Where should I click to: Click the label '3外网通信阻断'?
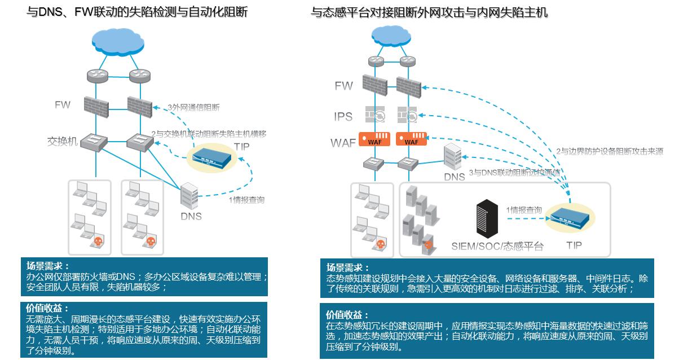193,107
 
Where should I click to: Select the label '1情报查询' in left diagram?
246,200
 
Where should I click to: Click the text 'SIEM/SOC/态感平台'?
497,246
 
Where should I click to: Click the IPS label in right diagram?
343,116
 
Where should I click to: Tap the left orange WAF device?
374,139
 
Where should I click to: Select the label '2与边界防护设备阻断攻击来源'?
609,151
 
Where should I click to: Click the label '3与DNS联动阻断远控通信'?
514,172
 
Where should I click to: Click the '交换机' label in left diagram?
62,141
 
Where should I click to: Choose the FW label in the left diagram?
63,105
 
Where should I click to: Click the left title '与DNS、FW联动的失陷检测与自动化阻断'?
137,12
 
